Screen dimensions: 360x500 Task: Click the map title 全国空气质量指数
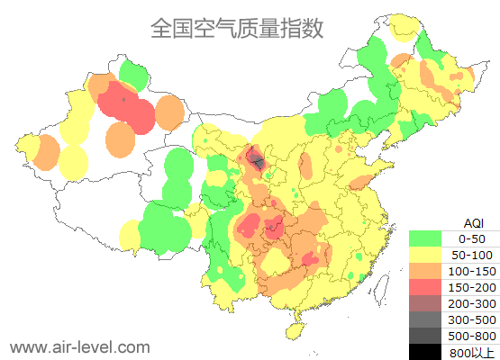click(x=237, y=28)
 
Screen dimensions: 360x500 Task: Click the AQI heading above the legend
click(x=472, y=222)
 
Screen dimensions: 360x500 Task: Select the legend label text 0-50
click(x=471, y=238)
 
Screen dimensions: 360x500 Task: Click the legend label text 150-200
click(x=471, y=287)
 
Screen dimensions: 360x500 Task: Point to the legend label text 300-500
click(x=471, y=319)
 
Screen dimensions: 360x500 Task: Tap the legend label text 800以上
click(x=471, y=352)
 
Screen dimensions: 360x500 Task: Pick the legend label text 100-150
click(x=471, y=271)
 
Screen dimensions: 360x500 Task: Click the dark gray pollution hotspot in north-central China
click(x=258, y=162)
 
